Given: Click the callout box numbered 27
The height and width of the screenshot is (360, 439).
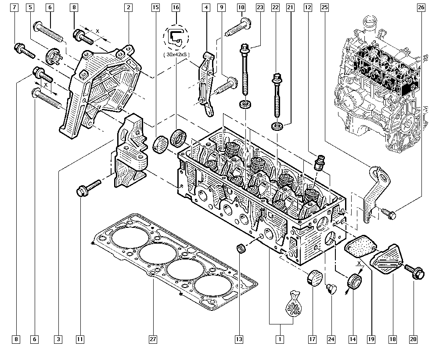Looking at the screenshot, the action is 153,339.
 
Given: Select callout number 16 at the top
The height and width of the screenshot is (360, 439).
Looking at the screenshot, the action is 176,7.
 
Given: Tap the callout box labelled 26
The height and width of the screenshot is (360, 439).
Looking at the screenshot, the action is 421,7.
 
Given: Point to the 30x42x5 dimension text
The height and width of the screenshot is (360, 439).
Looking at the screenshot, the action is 176,55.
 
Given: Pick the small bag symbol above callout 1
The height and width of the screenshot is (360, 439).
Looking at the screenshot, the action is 293,305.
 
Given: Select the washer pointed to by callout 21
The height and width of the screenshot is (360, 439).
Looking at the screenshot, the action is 277,126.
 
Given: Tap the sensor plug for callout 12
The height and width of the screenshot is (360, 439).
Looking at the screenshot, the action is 319,162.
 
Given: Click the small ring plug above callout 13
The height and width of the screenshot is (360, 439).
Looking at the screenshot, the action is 241,248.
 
